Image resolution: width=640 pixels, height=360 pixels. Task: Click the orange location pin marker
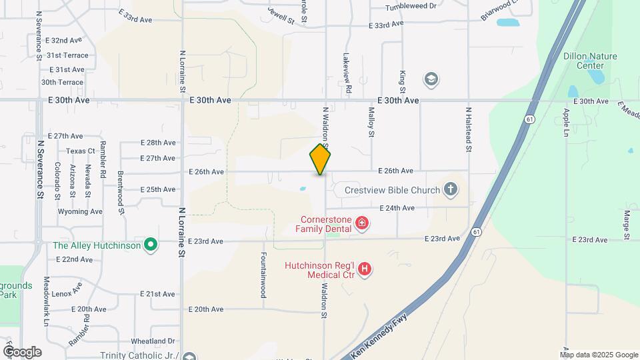[321, 159]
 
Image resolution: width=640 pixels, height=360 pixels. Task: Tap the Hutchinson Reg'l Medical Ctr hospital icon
[365, 269]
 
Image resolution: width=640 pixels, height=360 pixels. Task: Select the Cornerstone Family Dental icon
[362, 223]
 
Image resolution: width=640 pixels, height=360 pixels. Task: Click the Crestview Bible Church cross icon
[451, 190]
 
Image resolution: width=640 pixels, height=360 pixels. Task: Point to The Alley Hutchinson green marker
[151, 245]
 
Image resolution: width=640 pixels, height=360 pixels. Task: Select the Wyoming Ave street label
[80, 211]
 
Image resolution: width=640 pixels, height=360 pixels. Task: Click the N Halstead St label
[469, 130]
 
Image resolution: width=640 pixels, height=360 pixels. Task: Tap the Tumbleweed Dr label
[411, 7]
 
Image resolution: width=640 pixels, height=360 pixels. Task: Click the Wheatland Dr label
[153, 341]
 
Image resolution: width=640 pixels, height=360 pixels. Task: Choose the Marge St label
[627, 225]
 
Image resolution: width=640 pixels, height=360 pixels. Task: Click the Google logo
[22, 351]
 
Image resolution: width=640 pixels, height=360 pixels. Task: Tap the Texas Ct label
[81, 151]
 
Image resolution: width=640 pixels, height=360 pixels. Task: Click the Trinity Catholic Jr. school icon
[189, 356]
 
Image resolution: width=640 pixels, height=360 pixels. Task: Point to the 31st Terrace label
[67, 55]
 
